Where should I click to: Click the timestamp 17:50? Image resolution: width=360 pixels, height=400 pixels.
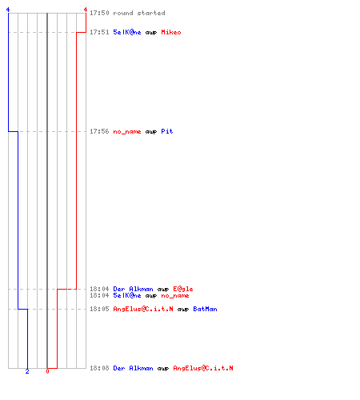click(99, 13)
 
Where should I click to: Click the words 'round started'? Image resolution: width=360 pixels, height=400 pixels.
click(139, 13)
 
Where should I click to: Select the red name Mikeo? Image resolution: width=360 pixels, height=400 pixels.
click(171, 32)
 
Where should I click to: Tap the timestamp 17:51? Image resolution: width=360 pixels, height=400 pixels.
click(99, 32)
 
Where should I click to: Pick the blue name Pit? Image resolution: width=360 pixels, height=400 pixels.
click(167, 131)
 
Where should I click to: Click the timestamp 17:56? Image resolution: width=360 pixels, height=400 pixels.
click(99, 131)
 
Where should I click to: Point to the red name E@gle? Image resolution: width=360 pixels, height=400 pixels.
click(183, 289)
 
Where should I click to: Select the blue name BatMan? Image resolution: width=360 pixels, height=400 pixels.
click(205, 309)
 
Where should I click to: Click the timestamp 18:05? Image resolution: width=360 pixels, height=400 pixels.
click(99, 309)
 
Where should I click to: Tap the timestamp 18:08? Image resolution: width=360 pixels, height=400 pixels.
click(99, 368)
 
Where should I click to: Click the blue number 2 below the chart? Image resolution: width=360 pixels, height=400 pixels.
click(27, 371)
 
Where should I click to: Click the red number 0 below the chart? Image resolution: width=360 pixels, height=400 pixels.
click(47, 371)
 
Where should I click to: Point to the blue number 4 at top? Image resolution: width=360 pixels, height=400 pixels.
click(8, 10)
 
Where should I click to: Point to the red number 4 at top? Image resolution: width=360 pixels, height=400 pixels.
click(86, 10)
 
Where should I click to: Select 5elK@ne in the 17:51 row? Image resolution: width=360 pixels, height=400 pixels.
click(127, 32)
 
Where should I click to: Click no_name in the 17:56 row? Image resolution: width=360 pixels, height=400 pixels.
click(127, 131)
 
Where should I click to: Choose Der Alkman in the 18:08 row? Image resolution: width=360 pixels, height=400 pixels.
click(133, 368)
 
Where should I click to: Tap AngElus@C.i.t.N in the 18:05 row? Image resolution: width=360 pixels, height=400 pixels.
click(143, 309)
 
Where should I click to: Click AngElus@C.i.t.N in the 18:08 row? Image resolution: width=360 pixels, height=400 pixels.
click(203, 368)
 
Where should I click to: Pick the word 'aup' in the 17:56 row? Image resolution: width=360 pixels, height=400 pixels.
click(151, 132)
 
